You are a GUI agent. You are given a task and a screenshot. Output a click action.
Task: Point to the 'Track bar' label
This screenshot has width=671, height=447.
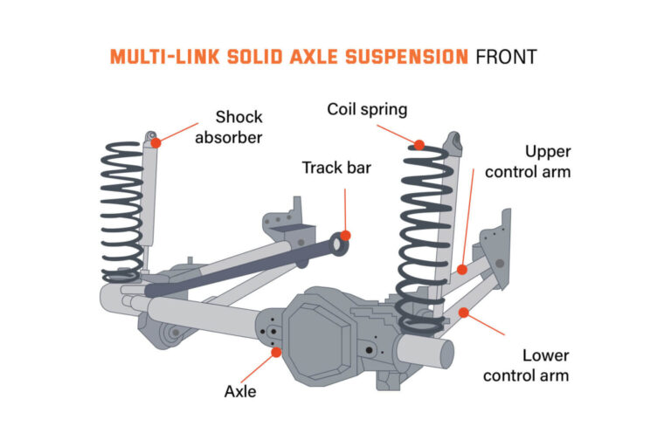(x=336, y=167)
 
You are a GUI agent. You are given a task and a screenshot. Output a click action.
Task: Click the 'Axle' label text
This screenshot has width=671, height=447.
(x=240, y=391)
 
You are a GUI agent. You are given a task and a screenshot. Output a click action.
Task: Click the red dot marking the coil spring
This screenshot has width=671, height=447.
(x=420, y=145)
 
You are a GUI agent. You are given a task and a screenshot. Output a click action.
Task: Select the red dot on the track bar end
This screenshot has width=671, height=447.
(x=346, y=235)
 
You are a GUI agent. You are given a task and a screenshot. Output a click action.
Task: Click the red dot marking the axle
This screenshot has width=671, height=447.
(x=277, y=352)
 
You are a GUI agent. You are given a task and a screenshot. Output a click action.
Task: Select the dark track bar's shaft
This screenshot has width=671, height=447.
(x=245, y=267)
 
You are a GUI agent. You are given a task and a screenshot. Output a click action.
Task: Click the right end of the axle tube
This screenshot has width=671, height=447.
(x=441, y=353)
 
